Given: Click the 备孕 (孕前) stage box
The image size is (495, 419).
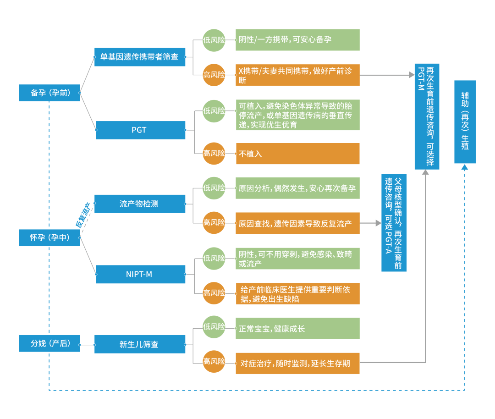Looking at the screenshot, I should tap(49, 93).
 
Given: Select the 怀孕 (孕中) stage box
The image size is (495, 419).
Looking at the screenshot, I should tap(49, 238).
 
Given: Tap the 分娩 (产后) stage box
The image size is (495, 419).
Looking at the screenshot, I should tap(49, 343).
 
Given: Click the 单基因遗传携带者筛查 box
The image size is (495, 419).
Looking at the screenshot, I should tap(140, 57).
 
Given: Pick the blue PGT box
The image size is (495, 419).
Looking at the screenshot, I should tap(140, 130).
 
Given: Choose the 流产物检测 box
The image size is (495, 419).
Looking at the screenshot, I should tap(140, 204).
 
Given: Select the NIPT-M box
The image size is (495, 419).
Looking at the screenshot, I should tap(140, 274).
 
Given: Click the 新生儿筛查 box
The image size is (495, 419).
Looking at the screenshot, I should tap(140, 344).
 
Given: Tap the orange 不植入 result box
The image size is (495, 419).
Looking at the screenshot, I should tap(297, 154).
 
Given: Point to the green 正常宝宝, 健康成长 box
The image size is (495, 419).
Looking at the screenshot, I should tap(297, 329).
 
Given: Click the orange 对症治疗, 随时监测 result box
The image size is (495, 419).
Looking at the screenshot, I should tap(297, 363).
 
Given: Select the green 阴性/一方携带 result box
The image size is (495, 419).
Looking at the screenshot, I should tap(297, 40).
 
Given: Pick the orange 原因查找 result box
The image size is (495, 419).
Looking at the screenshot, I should tap(297, 223).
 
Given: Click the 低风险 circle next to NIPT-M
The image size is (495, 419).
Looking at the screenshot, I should tap(214, 258).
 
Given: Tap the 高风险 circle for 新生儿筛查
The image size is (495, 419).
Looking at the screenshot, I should tap(214, 361).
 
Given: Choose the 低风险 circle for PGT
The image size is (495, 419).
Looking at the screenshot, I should tap(214, 110).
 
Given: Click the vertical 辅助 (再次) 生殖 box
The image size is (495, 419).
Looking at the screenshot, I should tap(465, 121).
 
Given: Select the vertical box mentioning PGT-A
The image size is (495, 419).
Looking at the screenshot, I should tap(394, 222).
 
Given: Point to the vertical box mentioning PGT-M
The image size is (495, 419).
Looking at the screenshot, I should tap(427, 116).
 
